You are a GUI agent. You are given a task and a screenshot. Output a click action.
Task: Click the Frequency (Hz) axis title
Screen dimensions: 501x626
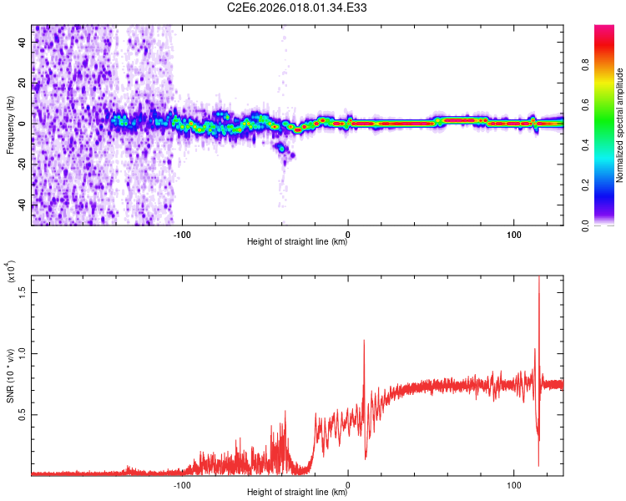[x=10, y=125]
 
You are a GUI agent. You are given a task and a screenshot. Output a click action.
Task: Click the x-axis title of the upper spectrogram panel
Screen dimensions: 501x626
[x=298, y=242]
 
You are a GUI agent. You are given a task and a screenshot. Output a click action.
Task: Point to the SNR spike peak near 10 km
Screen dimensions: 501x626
[x=364, y=341]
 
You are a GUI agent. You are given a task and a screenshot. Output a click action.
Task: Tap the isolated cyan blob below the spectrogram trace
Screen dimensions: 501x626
[x=283, y=148]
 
